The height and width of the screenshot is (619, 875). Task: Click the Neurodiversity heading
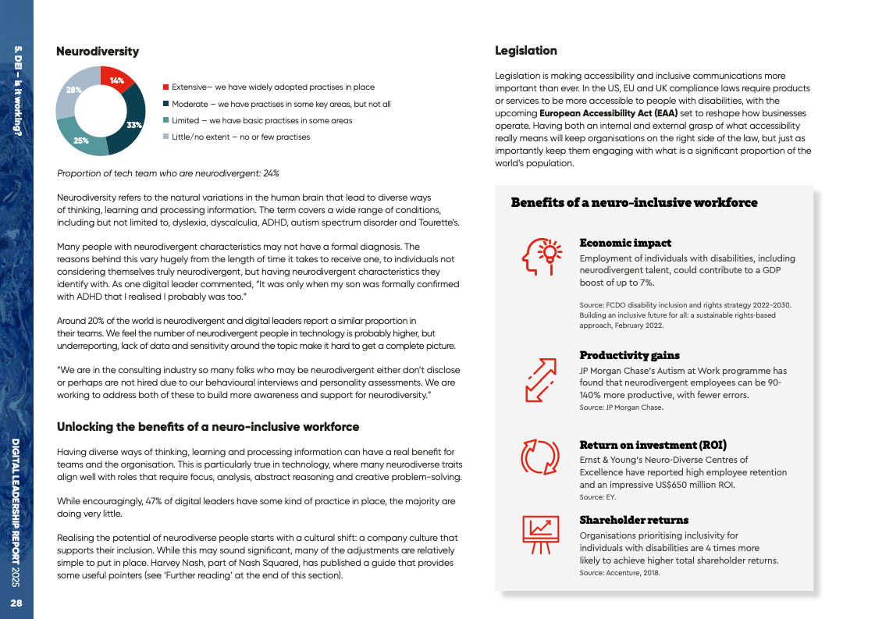pyautogui.click(x=98, y=52)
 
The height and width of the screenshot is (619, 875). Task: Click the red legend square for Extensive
pyautogui.click(x=166, y=87)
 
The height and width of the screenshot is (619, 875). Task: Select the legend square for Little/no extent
pyautogui.click(x=166, y=137)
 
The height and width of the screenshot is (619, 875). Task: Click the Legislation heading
pyautogui.click(x=526, y=51)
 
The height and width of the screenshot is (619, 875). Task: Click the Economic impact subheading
pyautogui.click(x=625, y=244)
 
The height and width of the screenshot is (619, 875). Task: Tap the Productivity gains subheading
pyautogui.click(x=629, y=356)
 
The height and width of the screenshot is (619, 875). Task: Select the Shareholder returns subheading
pyautogui.click(x=634, y=520)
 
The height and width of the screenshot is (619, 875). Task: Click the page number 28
pyautogui.click(x=16, y=603)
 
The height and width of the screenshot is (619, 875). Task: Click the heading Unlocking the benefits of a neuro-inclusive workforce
pyautogui.click(x=208, y=427)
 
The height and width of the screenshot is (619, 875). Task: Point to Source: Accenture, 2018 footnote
pyautogui.click(x=620, y=573)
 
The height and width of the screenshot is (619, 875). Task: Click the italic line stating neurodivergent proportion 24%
pyautogui.click(x=169, y=173)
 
